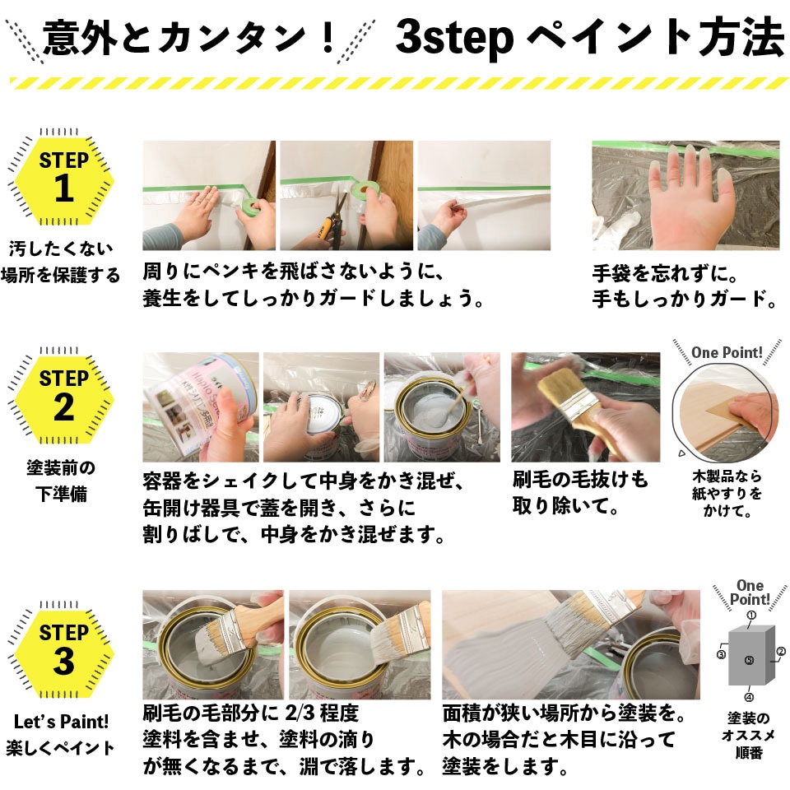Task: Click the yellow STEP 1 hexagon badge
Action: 63,180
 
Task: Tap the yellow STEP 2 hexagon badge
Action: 63,399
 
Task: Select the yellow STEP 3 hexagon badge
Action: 63,653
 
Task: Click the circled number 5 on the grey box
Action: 749,660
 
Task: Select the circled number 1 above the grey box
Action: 751,616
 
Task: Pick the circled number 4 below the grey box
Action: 749,697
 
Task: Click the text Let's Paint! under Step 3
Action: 61,722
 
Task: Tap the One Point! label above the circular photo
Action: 727,353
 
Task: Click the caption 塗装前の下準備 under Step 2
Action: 61,481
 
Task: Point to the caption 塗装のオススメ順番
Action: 748,736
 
